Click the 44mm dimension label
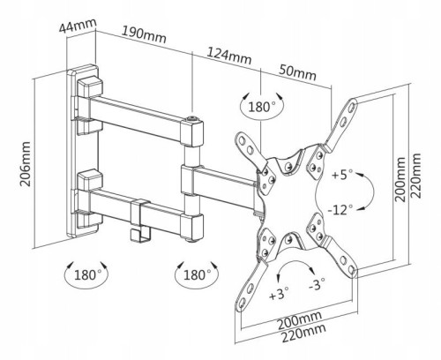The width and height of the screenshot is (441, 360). point(78,26)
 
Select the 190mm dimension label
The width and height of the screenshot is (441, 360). point(144,34)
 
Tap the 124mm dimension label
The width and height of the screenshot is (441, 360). point(229,56)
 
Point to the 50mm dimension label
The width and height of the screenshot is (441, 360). point(297,73)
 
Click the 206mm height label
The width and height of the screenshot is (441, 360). point(26,164)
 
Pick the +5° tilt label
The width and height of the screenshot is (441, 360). point(342,174)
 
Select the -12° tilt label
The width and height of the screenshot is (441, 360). point(340,210)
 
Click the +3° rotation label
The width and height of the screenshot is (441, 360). point(279,294)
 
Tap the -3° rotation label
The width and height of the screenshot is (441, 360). point(317,284)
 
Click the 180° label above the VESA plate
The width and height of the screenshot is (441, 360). point(262,107)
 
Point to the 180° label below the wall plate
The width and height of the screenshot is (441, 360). point(87,275)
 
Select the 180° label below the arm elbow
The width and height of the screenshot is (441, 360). point(198,274)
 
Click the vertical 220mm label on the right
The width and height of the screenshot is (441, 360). point(416,176)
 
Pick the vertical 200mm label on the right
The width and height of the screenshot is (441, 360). point(400,179)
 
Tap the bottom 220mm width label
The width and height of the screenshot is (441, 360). point(304,333)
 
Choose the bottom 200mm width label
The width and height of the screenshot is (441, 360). point(300,320)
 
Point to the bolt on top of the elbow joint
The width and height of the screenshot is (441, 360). point(192,118)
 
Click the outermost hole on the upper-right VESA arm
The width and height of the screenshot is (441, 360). point(352,108)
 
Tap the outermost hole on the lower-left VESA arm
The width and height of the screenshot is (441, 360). point(242,303)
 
